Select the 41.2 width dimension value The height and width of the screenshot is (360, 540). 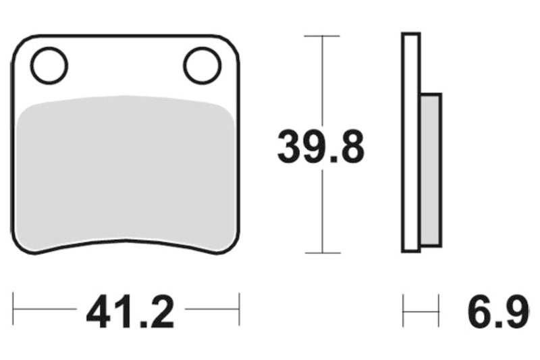[x=130, y=312]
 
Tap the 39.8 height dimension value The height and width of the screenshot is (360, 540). [x=321, y=146]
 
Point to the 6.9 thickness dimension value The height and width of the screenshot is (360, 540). [x=498, y=312]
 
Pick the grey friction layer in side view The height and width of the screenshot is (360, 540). [x=431, y=170]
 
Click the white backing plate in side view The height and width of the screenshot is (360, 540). [x=411, y=143]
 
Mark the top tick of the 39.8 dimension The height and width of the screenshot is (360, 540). [x=322, y=36]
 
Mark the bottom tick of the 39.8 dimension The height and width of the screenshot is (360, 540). [x=323, y=253]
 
